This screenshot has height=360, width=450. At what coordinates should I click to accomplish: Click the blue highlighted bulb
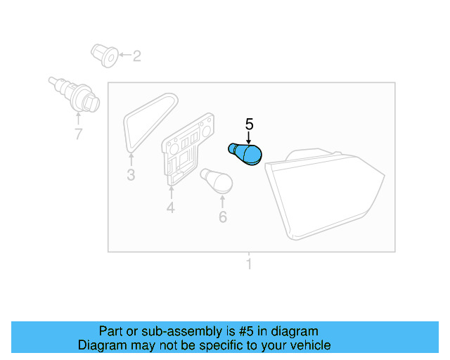tap(245, 153)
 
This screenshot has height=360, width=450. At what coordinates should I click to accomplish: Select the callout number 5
tap(249, 124)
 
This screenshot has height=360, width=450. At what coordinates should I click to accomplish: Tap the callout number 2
tap(136, 56)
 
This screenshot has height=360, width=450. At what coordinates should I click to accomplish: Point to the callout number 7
tap(78, 134)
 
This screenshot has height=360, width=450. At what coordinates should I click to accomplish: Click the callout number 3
tap(131, 175)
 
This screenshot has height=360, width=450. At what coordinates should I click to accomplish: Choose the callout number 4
tap(170, 207)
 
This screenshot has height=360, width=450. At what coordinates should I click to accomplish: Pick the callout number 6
tap(223, 217)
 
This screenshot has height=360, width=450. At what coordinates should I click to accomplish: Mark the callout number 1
tap(248, 265)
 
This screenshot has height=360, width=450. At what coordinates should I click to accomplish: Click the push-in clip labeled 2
tap(103, 56)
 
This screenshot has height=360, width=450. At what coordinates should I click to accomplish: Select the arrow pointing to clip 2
tap(123, 55)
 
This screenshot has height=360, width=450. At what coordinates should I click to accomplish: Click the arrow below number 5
tap(249, 138)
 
